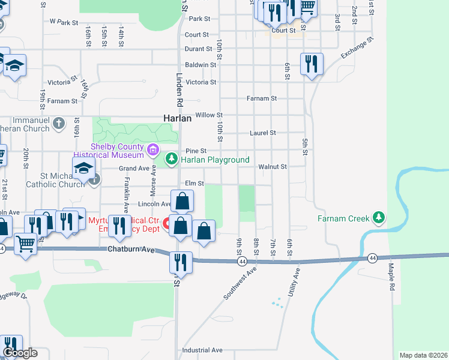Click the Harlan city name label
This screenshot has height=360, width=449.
[x=178, y=119]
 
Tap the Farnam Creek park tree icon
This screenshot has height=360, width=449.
[x=378, y=217]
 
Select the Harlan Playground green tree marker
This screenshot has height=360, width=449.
[x=172, y=159]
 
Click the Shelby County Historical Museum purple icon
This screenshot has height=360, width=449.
[x=153, y=149]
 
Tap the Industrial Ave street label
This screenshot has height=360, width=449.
[x=202, y=350]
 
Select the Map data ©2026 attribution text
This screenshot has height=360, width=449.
[x=423, y=355]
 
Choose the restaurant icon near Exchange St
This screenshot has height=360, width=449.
[x=311, y=64]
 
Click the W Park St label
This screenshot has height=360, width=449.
[x=65, y=22]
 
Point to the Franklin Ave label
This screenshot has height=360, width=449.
[x=127, y=195]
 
